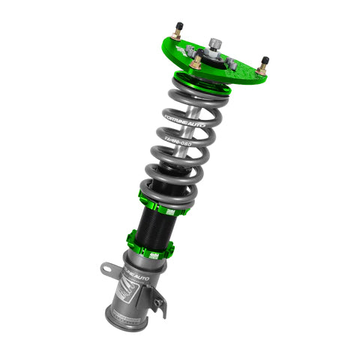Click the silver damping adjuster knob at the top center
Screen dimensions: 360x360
click(x=215, y=43)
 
